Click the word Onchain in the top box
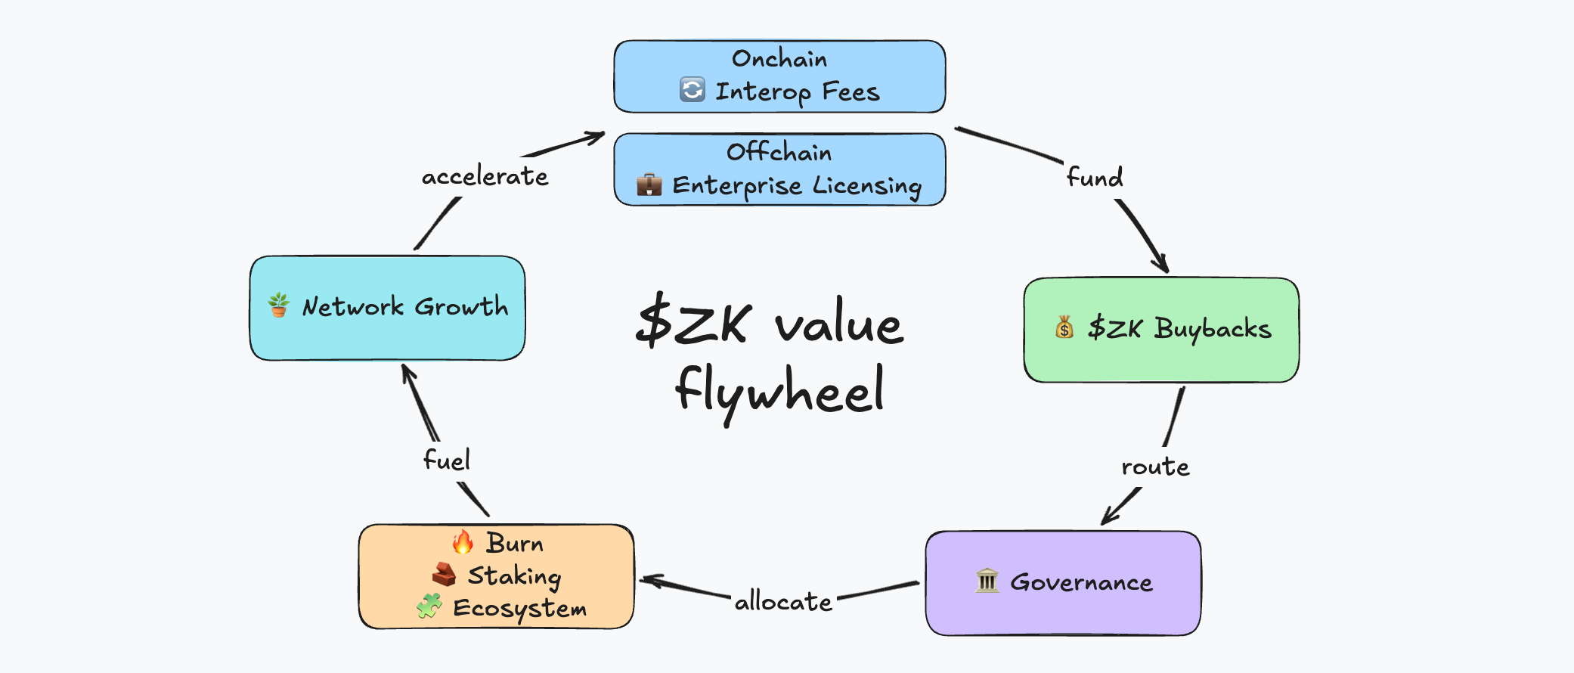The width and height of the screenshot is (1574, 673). (779, 59)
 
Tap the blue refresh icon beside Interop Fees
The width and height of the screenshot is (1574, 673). (692, 90)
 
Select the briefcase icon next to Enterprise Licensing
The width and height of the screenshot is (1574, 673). (649, 185)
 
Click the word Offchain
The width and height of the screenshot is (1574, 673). (779, 152)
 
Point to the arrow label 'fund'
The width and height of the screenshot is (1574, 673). (1094, 178)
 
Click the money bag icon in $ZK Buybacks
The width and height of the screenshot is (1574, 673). (1064, 327)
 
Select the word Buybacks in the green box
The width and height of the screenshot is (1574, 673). (1213, 329)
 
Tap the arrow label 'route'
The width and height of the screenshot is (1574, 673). (1155, 467)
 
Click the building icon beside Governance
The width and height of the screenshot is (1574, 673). (987, 581)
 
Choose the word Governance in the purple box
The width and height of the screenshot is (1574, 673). (1081, 582)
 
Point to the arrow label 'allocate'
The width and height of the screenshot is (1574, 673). (783, 602)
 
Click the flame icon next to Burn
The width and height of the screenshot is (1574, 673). (463, 542)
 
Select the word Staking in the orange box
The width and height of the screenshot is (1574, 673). (514, 576)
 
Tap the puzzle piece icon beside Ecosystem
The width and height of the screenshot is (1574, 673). (429, 606)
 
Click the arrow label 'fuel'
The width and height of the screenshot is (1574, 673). (446, 460)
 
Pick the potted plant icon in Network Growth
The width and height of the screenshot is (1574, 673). (279, 305)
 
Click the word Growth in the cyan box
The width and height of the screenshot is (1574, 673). (461, 306)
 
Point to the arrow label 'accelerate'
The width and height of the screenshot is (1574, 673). (485, 176)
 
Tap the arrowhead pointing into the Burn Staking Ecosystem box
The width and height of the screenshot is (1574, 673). (647, 581)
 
